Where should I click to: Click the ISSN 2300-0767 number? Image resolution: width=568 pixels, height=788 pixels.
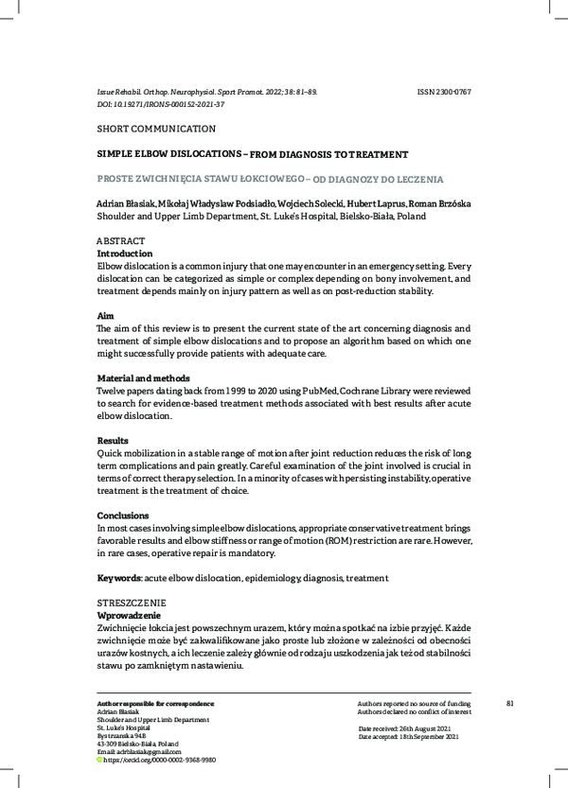pyautogui.click(x=444, y=93)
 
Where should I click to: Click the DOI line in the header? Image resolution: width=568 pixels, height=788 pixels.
pyautogui.click(x=161, y=104)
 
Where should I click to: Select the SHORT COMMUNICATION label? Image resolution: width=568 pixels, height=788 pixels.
pyautogui.click(x=156, y=129)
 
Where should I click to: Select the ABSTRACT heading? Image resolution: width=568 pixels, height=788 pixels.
pyautogui.click(x=122, y=241)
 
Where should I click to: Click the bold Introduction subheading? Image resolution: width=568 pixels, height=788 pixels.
pyautogui.click(x=125, y=254)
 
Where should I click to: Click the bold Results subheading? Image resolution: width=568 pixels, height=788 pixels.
pyautogui.click(x=115, y=441)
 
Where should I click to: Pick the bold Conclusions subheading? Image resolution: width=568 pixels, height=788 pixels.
pyautogui.click(x=123, y=516)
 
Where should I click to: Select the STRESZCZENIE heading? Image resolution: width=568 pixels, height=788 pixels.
pyautogui.click(x=132, y=603)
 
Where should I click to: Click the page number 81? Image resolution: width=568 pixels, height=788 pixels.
pyautogui.click(x=510, y=703)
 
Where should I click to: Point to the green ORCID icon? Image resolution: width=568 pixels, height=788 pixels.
pyautogui.click(x=101, y=760)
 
